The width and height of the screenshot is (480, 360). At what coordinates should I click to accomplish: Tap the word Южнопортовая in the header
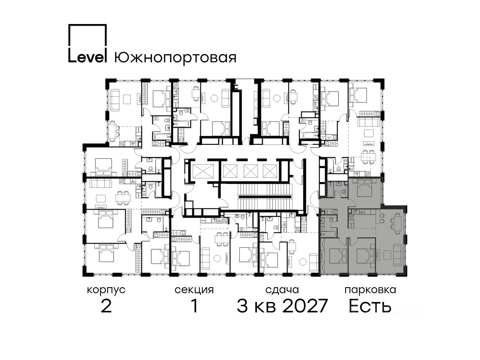[175, 58]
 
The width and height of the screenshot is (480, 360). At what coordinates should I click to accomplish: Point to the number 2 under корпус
[106, 306]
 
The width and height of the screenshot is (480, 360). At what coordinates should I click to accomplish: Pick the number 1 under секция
[194, 306]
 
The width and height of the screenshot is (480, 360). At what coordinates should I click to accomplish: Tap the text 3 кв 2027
[282, 306]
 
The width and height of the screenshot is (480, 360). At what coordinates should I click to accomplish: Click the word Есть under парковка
[370, 306]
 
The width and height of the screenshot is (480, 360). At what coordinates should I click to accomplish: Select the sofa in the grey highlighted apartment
[398, 255]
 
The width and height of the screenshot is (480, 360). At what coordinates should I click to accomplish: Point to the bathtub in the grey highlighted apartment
[329, 234]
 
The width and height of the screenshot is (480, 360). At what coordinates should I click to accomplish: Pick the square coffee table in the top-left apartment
[127, 99]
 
